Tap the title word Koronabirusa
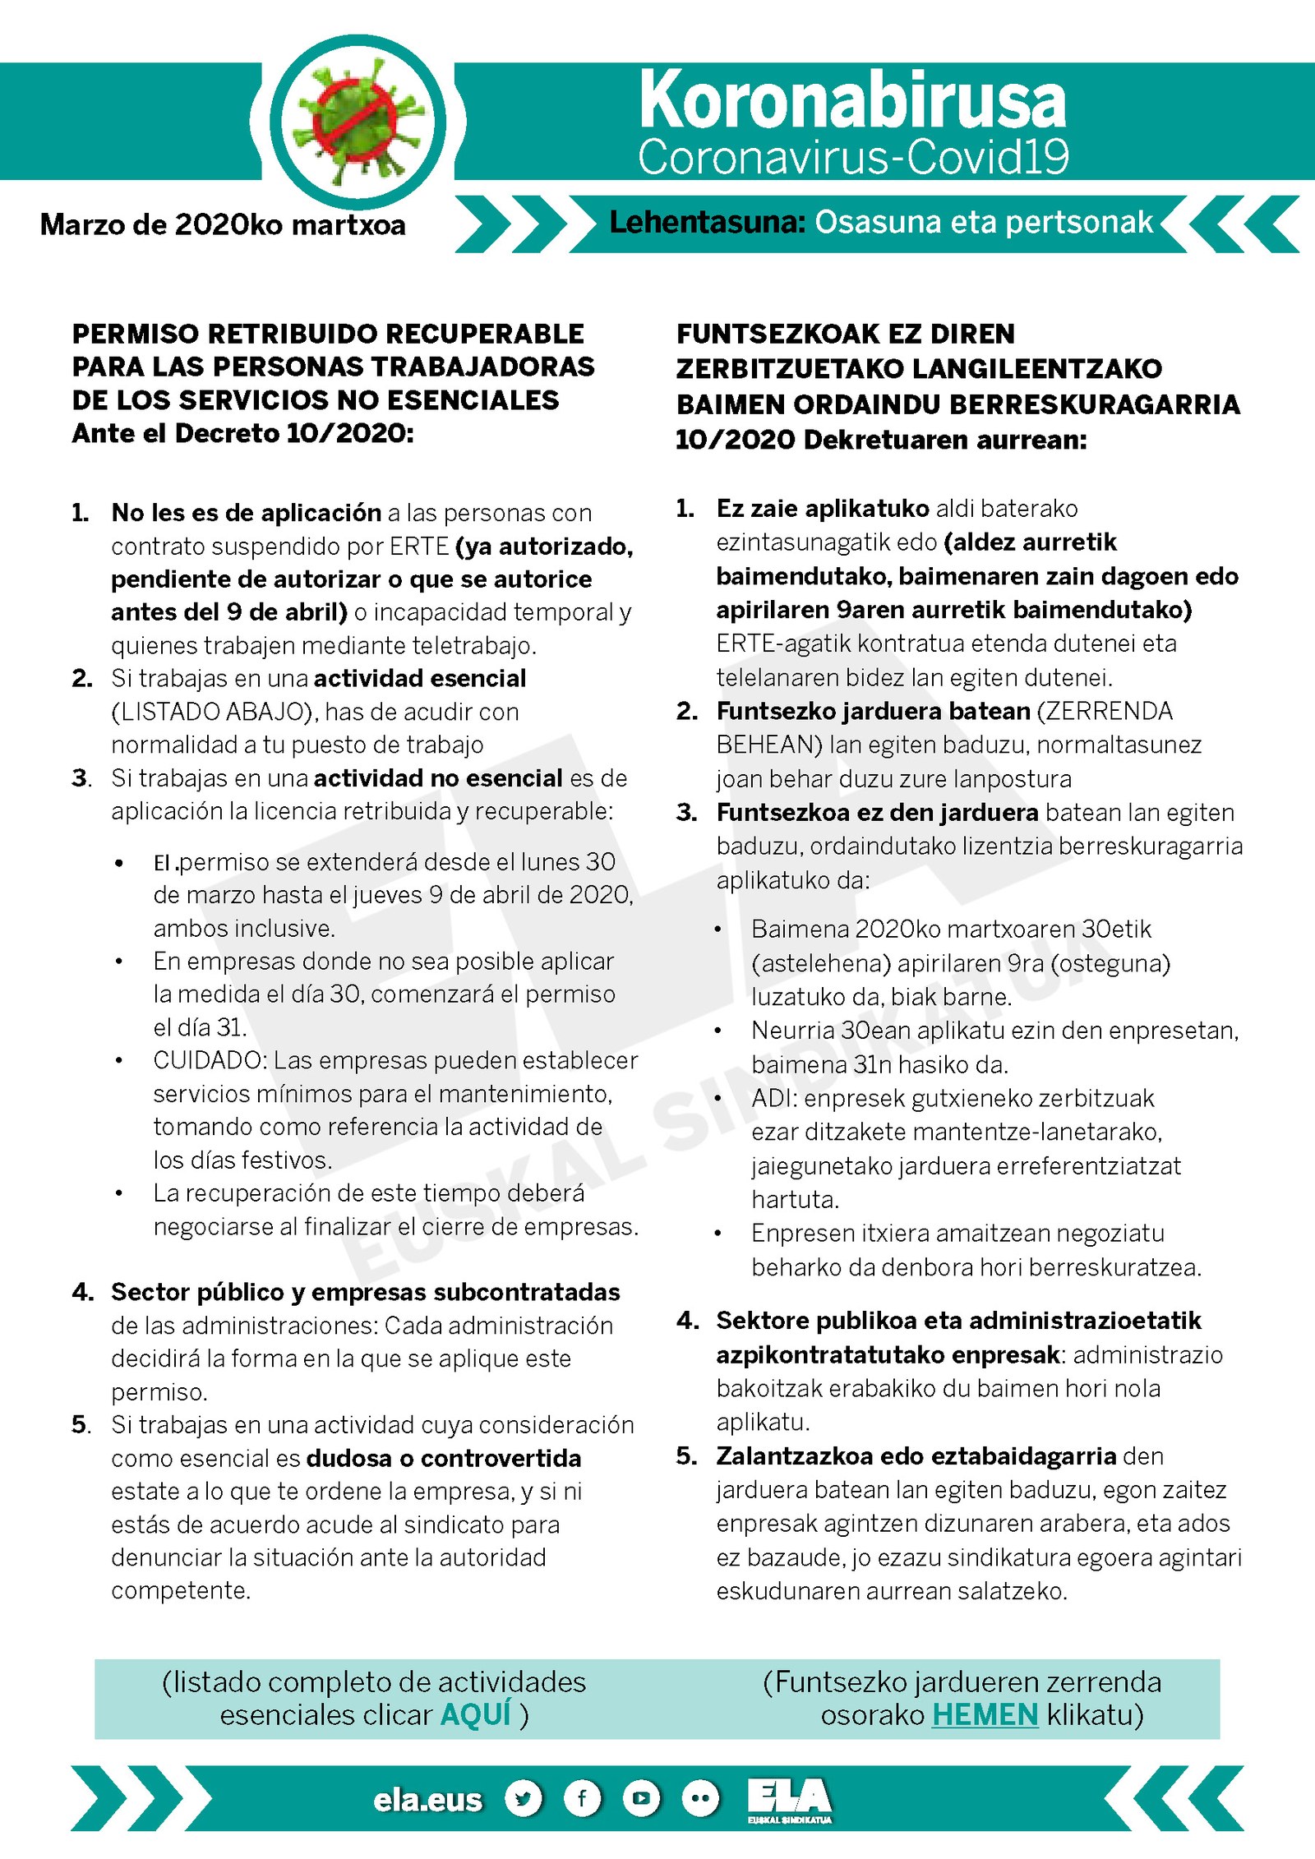click(x=852, y=100)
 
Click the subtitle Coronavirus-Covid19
click(x=853, y=157)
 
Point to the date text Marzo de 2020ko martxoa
click(x=223, y=224)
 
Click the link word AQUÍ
click(x=475, y=1714)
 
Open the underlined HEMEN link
click(x=985, y=1714)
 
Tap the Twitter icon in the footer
click(x=524, y=1798)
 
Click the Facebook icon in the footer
click(x=582, y=1798)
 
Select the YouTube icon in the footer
click(x=641, y=1798)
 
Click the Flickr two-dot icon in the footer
click(x=700, y=1798)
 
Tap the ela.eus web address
click(x=427, y=1800)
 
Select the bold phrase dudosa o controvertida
click(x=444, y=1458)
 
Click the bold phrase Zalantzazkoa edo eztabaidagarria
click(x=916, y=1455)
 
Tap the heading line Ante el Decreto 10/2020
click(x=243, y=433)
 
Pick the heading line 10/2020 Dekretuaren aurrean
click(x=881, y=440)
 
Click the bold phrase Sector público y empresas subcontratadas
click(x=366, y=1292)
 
